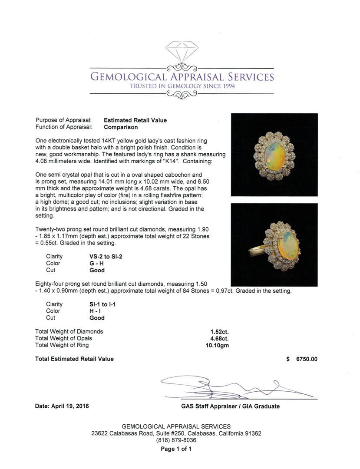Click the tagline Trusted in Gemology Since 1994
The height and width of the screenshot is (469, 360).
click(x=182, y=86)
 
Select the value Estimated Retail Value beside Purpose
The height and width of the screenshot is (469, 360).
click(x=135, y=120)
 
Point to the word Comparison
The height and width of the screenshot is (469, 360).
click(x=121, y=127)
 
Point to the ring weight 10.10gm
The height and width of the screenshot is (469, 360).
click(x=217, y=345)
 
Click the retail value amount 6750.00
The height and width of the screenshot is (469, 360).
click(x=307, y=359)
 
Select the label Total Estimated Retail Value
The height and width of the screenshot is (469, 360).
click(x=74, y=359)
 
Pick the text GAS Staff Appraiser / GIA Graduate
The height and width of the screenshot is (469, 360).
click(x=230, y=406)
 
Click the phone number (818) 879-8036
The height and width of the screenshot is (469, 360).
click(x=176, y=440)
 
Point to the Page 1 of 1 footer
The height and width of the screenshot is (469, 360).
click(x=176, y=449)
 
